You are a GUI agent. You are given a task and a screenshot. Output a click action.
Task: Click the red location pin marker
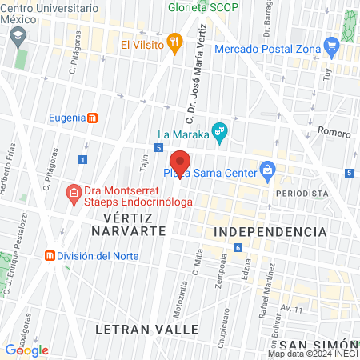coord(180,162)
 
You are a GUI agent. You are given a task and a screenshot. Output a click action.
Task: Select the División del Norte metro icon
coord(50,256)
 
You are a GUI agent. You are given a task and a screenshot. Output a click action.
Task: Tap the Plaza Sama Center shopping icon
coord(268,170)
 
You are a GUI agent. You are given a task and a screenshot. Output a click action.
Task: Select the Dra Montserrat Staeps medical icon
coord(73,192)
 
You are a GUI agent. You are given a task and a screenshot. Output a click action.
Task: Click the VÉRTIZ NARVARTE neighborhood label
coord(128,224)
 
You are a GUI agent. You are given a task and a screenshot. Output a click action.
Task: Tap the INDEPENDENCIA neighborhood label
coord(270,231)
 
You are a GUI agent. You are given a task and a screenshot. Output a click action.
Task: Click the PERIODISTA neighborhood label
coord(302,194)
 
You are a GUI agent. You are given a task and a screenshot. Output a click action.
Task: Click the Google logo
coord(26,350)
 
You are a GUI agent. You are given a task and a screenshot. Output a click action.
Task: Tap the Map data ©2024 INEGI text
coord(312,354)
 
